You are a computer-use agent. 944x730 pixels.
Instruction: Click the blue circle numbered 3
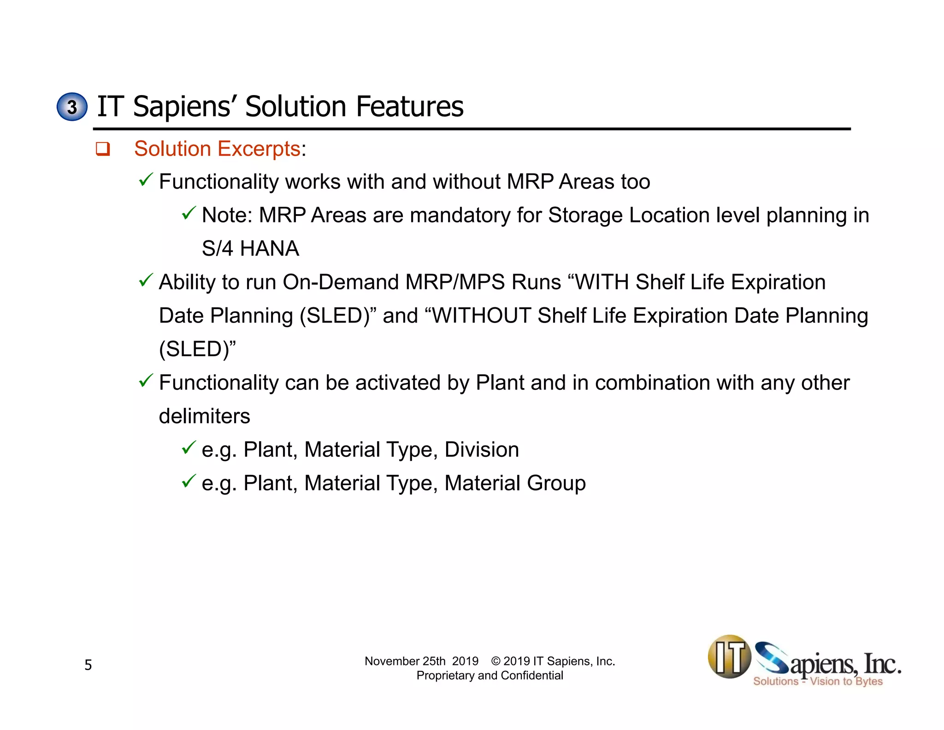point(72,107)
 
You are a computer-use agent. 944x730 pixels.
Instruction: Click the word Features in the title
point(409,107)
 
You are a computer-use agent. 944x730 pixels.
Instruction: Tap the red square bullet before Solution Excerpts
point(102,149)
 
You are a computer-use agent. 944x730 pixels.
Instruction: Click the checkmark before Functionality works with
point(146,180)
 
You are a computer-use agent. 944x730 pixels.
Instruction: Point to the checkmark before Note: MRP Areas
point(189,213)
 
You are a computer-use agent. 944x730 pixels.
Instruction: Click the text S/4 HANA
point(250,248)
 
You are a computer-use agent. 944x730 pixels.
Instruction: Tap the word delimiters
point(204,416)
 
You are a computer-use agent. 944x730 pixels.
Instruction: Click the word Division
point(482,449)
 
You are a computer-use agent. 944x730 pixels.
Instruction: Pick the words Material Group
point(515,483)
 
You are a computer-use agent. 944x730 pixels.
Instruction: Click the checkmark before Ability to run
point(146,280)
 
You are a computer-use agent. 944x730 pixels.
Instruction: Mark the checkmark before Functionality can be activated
point(146,381)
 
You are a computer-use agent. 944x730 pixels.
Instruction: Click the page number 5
point(88,665)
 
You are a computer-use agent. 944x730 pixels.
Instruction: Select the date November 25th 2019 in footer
point(421,661)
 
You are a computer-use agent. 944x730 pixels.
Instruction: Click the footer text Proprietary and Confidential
point(490,676)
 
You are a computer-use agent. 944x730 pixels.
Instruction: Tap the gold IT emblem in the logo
point(729,657)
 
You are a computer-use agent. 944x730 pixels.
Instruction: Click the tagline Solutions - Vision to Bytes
point(818,682)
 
